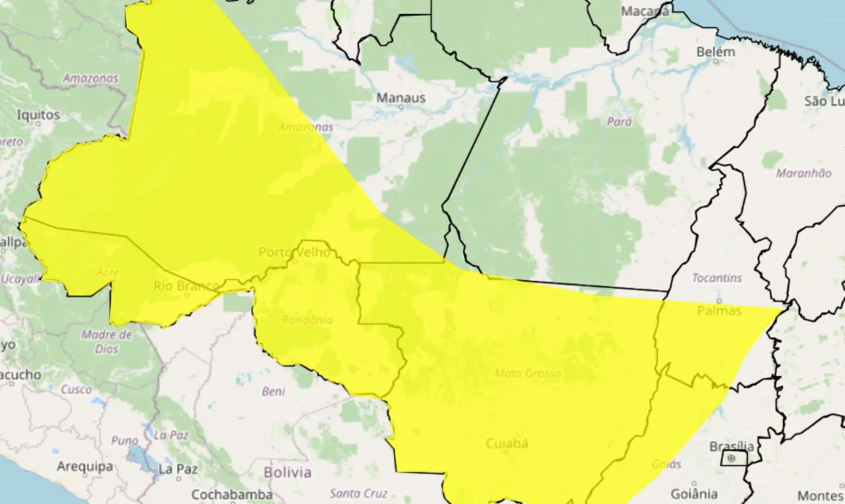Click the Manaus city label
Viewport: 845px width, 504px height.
(x=401, y=98)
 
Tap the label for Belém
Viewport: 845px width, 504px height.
(x=716, y=52)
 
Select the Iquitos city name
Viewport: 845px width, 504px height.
(x=38, y=115)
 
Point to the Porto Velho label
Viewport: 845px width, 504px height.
(x=294, y=252)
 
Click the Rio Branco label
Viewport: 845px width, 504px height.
(x=186, y=286)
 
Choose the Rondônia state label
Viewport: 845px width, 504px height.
(x=307, y=320)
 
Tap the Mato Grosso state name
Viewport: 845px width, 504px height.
(x=527, y=373)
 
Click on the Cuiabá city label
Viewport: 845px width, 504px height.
(x=507, y=444)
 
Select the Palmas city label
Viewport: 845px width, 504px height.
(x=719, y=311)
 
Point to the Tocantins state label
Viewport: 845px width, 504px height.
(x=717, y=278)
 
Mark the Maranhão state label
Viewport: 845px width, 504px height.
(x=803, y=173)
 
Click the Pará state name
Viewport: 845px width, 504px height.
(x=619, y=121)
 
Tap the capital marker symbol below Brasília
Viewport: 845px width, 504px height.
(x=731, y=458)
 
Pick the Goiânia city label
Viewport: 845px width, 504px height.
(x=694, y=493)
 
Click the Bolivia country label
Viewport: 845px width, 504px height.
(x=287, y=472)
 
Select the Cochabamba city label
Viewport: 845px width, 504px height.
(x=232, y=494)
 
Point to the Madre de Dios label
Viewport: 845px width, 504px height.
(x=106, y=342)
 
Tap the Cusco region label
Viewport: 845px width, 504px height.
(x=77, y=389)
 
